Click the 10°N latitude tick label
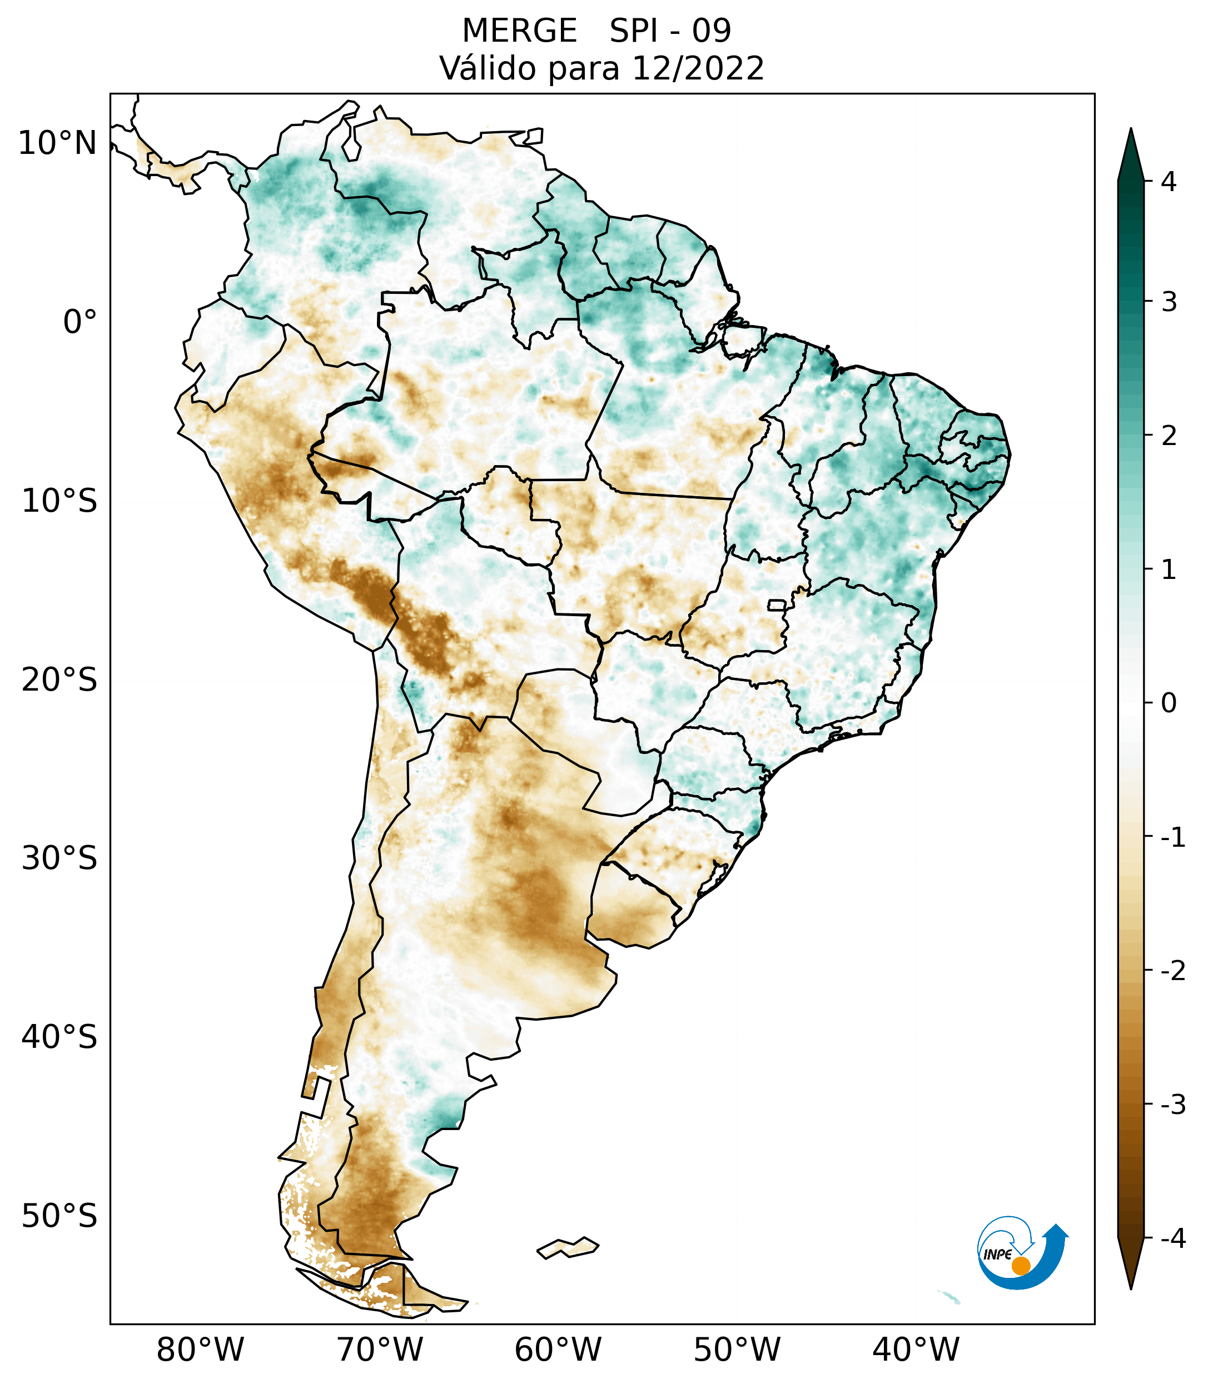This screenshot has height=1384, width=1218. (x=58, y=143)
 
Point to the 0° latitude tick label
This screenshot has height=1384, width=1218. (x=80, y=322)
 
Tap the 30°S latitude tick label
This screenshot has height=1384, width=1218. (x=59, y=858)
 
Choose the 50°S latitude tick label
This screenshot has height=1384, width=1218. (x=59, y=1216)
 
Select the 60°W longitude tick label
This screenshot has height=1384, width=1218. (x=558, y=1350)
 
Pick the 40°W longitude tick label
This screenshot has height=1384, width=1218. (x=915, y=1350)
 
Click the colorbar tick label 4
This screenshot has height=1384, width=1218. (x=1169, y=182)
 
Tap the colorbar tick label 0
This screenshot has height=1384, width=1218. (x=1169, y=703)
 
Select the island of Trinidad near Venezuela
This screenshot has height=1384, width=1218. (x=534, y=136)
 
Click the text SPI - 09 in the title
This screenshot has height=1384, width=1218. (x=670, y=31)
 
